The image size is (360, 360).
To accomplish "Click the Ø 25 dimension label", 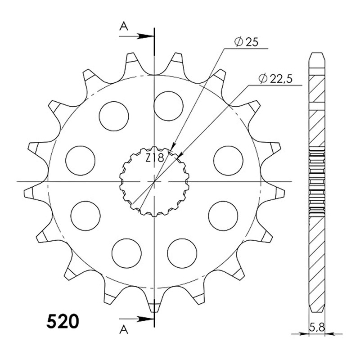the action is (246, 42).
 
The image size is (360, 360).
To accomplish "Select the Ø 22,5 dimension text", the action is (275, 79).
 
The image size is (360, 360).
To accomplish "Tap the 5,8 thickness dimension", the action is (317, 328).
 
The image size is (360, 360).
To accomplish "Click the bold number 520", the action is (63, 321).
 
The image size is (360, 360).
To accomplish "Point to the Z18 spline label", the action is (154, 158).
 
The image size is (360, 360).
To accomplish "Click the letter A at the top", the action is (124, 27).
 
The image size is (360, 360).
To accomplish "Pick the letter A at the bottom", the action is (124, 330).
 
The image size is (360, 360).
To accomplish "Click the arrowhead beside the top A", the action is (145, 36).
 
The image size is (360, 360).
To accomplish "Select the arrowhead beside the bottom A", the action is (145, 319).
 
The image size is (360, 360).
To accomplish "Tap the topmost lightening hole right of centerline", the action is (169, 106).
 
